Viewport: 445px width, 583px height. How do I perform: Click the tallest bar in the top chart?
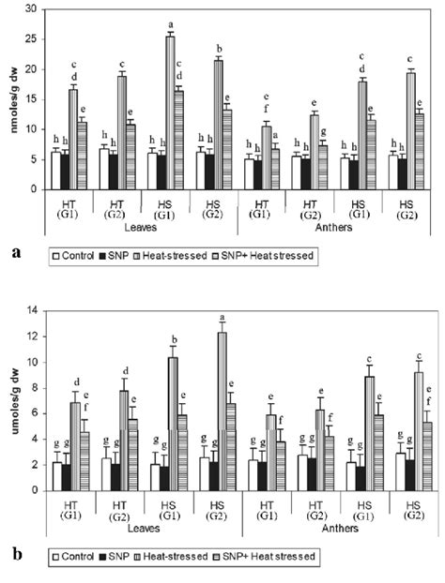click(x=170, y=112)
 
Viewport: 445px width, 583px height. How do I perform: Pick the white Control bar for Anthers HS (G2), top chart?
click(x=393, y=172)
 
